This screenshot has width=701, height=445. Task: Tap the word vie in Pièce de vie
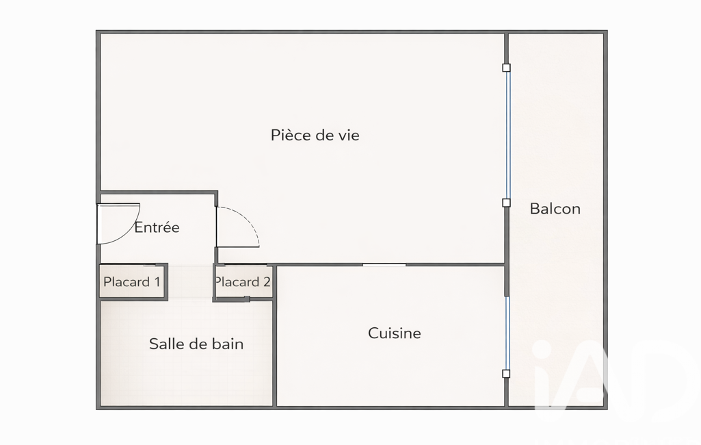coord(349,135)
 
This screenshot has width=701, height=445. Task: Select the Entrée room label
coord(157,227)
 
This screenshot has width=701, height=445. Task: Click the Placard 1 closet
coord(132,281)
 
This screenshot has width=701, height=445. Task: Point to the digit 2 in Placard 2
coord(267,281)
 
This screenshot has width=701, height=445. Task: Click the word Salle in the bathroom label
coord(163,344)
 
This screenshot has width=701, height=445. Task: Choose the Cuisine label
coord(395,333)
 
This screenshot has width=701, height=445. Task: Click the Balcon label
coord(555,209)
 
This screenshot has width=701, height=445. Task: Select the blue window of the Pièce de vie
coord(507,135)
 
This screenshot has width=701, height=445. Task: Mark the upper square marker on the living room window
coord(506,68)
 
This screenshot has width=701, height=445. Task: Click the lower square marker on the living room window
coord(506,203)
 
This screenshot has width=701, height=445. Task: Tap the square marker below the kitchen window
coord(506,374)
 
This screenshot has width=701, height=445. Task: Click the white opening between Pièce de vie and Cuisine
coord(384,265)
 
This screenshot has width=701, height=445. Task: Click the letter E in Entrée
coord(139,227)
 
